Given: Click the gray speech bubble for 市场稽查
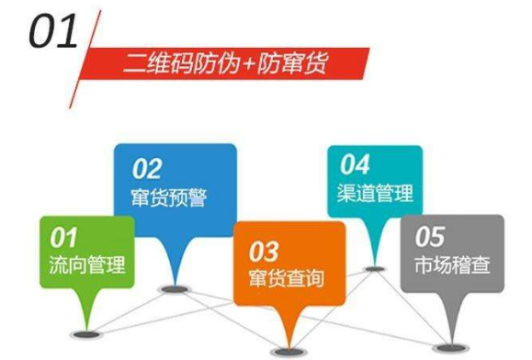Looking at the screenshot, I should (452, 252).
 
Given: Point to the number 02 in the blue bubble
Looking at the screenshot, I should (146, 169).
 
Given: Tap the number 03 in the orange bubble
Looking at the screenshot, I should (264, 250).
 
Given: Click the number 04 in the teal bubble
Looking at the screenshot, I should (355, 165).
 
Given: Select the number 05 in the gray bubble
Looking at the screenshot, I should (430, 238).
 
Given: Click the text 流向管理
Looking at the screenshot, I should (85, 265).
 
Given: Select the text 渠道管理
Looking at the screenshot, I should (375, 193).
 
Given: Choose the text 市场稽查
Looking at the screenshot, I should (453, 266).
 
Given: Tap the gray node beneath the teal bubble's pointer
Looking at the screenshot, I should (373, 269).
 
